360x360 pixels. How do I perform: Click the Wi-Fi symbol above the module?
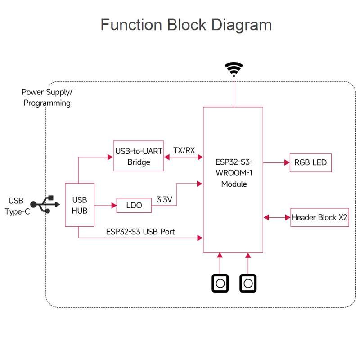tap(234, 69)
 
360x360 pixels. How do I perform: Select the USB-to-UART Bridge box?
tap(138, 156)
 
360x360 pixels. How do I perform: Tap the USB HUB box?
tap(80, 205)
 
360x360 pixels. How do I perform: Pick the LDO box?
tap(134, 205)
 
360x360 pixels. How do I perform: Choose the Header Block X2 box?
tap(319, 217)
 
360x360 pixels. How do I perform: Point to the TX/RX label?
tap(184, 150)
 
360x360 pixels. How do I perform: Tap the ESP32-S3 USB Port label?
tap(140, 232)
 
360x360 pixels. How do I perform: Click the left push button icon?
tap(220, 283)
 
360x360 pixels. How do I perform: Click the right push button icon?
tap(248, 283)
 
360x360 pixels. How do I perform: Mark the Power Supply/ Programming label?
tap(47, 97)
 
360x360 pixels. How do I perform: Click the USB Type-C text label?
tap(18, 206)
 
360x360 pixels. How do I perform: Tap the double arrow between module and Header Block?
tap(277, 218)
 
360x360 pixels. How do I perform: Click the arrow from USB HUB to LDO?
tap(105, 206)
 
